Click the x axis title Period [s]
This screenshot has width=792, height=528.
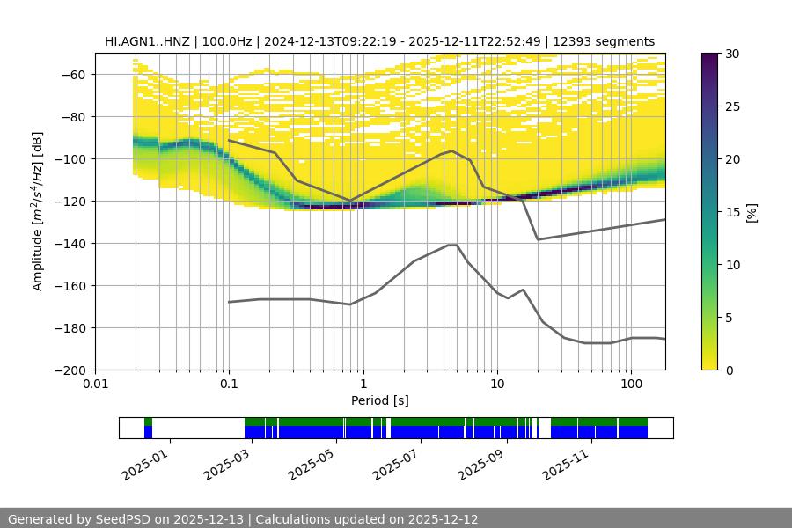[380, 400]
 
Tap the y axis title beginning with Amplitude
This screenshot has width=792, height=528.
[37, 211]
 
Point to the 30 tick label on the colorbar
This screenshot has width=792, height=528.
[732, 54]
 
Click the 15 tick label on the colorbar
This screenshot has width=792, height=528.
[732, 212]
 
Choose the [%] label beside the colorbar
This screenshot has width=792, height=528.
[751, 211]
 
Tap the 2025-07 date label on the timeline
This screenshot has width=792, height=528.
[395, 463]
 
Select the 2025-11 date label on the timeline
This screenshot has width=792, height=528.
[564, 463]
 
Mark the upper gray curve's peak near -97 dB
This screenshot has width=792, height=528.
[452, 150]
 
